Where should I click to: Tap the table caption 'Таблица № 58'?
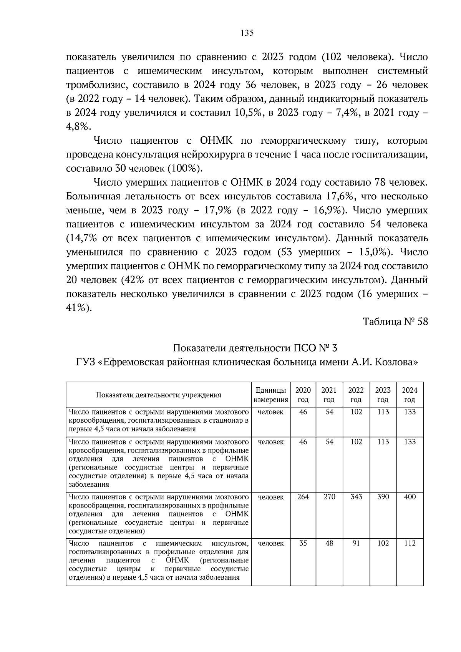tap(395, 322)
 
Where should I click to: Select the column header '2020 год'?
tap(303, 395)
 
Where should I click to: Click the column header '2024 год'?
tap(410, 395)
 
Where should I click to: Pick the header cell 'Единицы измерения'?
tap(271, 395)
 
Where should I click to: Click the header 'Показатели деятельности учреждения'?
tap(158, 395)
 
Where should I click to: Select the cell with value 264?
tap(303, 497)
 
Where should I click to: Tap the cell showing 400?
tap(410, 497)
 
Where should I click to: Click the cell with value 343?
tap(356, 497)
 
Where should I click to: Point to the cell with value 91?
tap(356, 543)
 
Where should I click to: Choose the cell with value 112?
tap(410, 543)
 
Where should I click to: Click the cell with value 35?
tap(303, 543)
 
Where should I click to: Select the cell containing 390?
tap(383, 497)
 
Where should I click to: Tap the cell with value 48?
tap(329, 543)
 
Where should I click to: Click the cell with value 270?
tap(329, 497)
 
